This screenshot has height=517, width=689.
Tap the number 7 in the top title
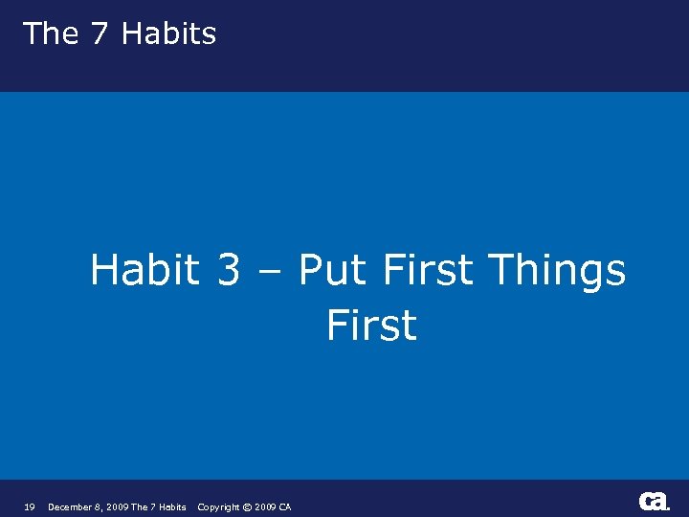click(100, 34)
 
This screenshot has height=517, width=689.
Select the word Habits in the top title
click(169, 34)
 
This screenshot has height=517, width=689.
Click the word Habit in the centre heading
click(144, 270)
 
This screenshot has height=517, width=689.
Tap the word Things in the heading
click(556, 272)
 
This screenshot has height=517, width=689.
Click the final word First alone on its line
click(371, 325)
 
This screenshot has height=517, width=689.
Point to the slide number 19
click(29, 507)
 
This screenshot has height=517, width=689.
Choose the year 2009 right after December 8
click(120, 507)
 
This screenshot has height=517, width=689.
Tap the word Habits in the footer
click(172, 507)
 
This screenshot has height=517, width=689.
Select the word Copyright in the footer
click(219, 507)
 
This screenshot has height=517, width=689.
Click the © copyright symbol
click(248, 507)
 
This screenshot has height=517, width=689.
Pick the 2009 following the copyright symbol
click(266, 507)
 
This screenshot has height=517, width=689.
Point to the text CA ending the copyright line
click(285, 507)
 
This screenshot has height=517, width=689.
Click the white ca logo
click(654, 501)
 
